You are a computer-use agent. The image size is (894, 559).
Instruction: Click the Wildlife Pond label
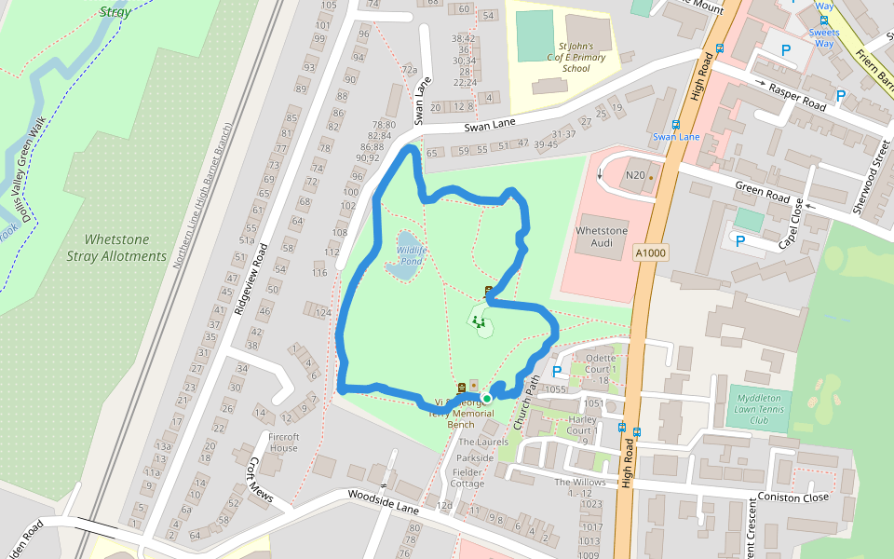click(411, 255)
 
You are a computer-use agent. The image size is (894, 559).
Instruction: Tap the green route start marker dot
click(486, 399)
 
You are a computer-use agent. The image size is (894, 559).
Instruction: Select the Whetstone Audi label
click(603, 237)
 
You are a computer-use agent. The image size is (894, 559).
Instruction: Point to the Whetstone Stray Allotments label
click(117, 248)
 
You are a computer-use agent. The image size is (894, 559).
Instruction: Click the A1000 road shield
click(652, 252)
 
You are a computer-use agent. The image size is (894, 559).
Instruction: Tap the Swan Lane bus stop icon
click(675, 124)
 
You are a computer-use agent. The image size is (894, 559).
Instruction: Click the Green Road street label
click(763, 194)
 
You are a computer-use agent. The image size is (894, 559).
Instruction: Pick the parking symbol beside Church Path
click(557, 371)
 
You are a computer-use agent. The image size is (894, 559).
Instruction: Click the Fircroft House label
click(283, 443)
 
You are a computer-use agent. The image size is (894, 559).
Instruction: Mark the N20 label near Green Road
click(635, 175)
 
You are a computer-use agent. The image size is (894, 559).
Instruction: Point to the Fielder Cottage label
click(467, 477)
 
